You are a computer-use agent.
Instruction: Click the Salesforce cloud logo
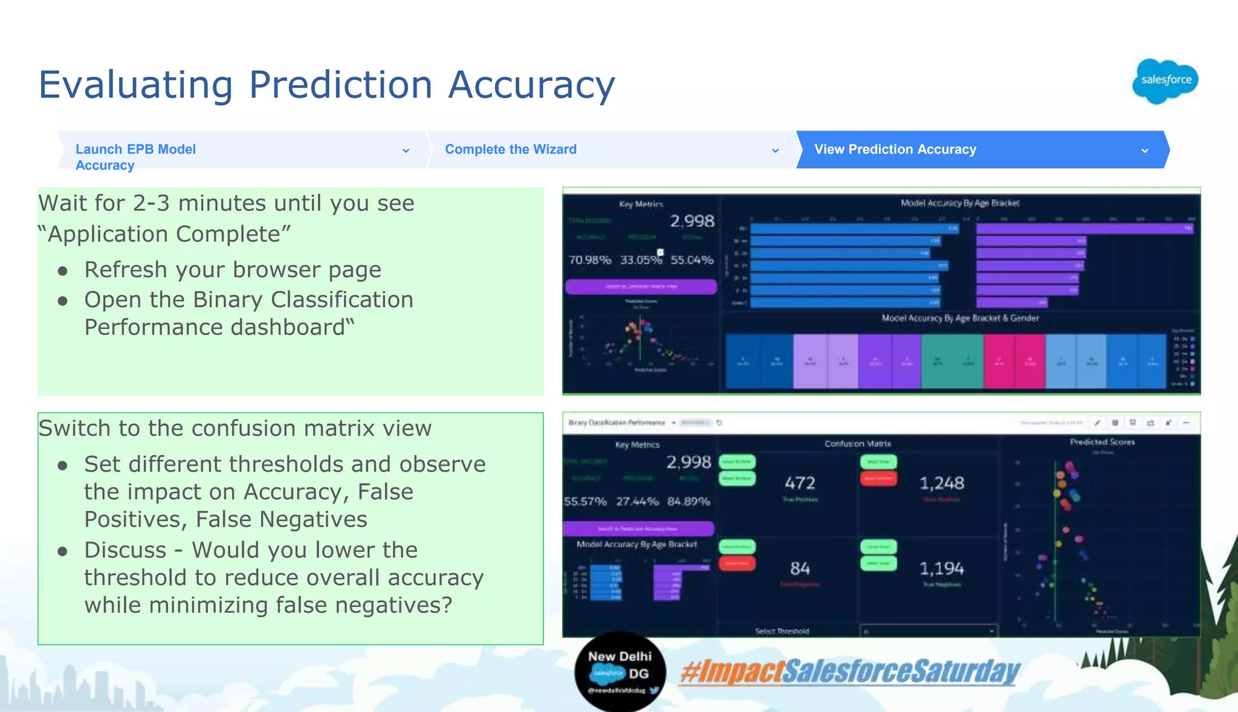tap(1165, 81)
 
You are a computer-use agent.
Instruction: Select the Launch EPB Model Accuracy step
tap(135, 156)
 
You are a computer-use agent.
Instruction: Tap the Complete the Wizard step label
tap(510, 149)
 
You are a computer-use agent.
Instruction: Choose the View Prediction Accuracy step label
tap(895, 149)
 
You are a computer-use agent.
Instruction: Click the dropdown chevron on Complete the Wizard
tap(775, 150)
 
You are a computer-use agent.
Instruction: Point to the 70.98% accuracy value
tap(589, 260)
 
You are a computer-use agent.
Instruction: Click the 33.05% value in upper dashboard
tap(641, 260)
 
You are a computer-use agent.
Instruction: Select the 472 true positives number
tap(800, 483)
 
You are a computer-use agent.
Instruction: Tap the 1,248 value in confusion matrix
tap(941, 483)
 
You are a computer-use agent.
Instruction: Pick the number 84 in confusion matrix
tap(800, 568)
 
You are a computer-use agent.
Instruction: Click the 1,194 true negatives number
tap(941, 568)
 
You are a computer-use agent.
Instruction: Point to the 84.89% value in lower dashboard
tap(689, 501)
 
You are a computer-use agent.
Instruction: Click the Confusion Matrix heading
tap(857, 443)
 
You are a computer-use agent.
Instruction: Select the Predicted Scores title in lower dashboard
tap(1102, 442)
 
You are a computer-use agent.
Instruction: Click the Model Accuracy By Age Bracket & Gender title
tap(960, 318)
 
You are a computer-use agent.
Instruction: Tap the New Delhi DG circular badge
tap(620, 672)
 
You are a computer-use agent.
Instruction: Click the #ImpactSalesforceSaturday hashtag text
tap(849, 672)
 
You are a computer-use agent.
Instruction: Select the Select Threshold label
tap(782, 631)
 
